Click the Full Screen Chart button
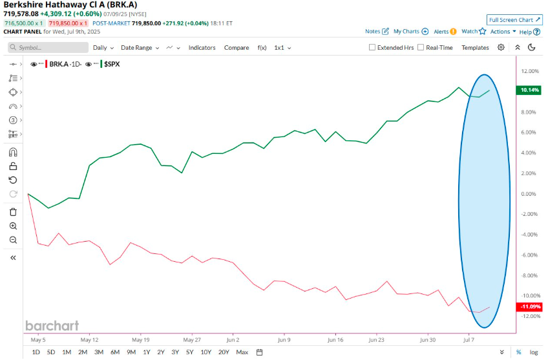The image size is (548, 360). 514,20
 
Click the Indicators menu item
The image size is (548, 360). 202,48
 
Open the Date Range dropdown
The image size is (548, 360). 140,48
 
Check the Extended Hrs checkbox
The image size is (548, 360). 372,48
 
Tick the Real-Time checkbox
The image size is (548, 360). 421,48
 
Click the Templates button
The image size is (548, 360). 475,48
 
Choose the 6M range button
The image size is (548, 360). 114,352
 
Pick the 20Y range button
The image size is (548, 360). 224,352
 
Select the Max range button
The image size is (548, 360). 242,352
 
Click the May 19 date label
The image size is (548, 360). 140,339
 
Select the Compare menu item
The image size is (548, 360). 237,48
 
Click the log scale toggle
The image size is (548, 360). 534,352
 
